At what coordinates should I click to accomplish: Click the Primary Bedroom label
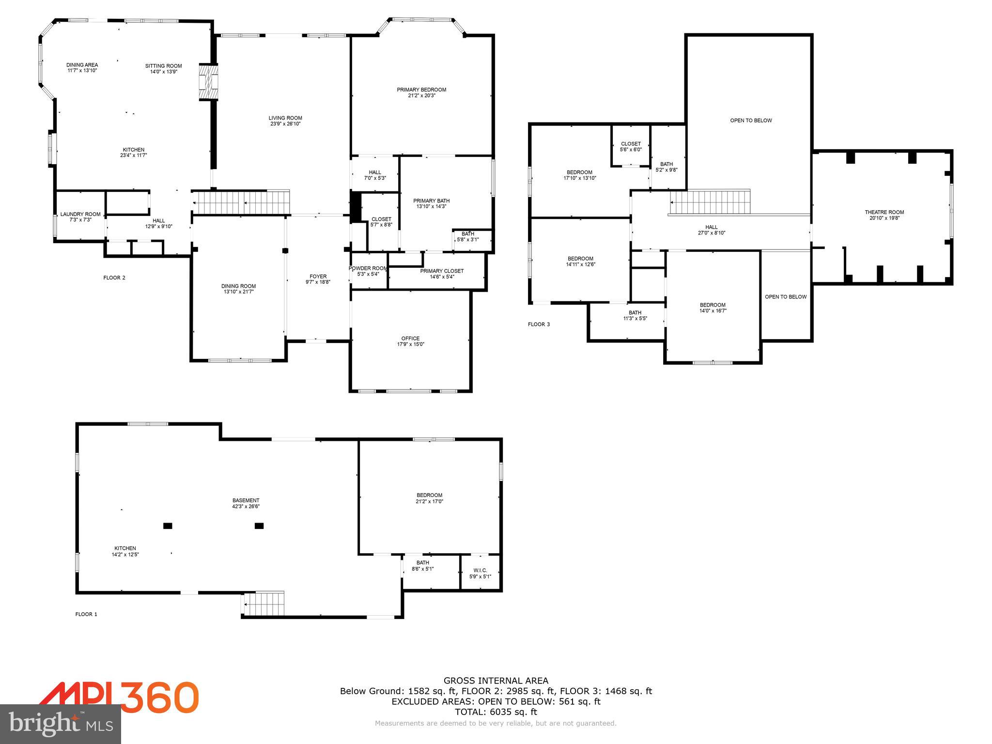click(421, 90)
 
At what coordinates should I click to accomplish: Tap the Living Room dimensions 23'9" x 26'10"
click(285, 124)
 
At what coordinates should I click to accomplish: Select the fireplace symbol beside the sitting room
click(208, 82)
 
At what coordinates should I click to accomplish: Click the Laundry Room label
click(80, 214)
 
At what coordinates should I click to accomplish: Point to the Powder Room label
click(368, 268)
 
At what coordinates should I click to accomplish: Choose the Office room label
click(410, 339)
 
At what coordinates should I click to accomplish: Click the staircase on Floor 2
click(241, 202)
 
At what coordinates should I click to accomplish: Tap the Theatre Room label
click(884, 212)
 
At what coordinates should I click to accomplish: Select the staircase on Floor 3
click(710, 202)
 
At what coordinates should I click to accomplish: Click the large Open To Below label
click(751, 121)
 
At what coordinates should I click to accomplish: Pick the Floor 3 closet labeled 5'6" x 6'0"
click(631, 147)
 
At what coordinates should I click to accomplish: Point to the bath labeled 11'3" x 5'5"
click(635, 315)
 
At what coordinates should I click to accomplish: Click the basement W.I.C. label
click(480, 571)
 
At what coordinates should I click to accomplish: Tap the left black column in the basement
click(168, 526)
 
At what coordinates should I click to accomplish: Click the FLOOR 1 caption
click(86, 614)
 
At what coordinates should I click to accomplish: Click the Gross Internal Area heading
click(496, 681)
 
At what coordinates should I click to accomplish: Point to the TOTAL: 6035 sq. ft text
click(496, 712)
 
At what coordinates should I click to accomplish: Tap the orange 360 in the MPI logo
click(160, 697)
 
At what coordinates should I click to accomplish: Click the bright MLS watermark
click(61, 724)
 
